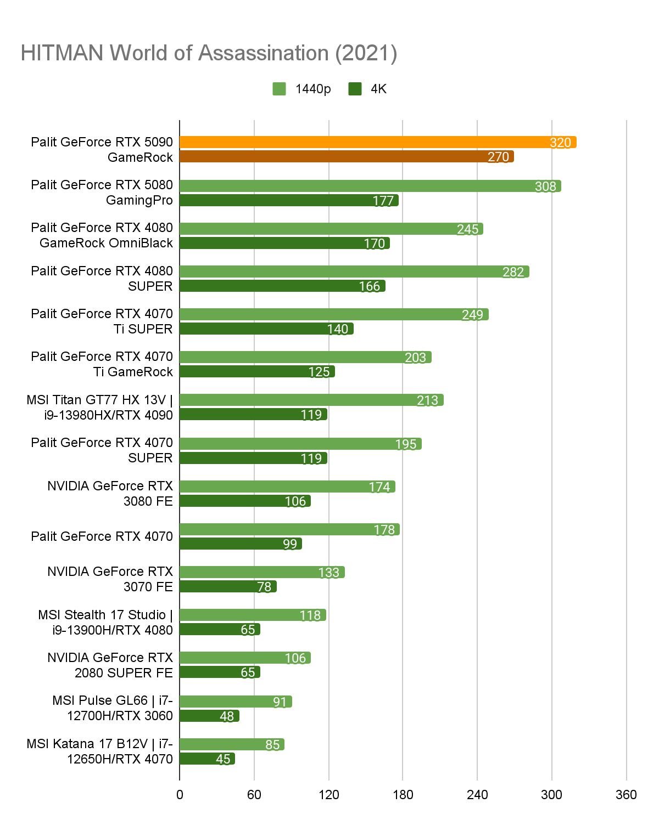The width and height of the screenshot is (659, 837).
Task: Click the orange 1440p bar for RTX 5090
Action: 378,142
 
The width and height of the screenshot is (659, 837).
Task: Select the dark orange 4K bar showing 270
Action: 346,157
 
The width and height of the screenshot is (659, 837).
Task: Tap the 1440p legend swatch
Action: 279,89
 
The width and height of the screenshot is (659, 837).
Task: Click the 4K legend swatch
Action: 355,89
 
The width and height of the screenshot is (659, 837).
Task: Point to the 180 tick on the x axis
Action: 403,794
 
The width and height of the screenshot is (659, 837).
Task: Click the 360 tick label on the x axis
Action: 626,794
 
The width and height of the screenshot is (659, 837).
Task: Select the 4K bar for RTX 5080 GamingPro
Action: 289,200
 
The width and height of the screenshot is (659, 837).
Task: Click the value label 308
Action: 545,186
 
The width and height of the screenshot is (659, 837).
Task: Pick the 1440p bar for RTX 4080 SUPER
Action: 354,272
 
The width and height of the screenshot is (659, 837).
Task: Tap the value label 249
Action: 472,315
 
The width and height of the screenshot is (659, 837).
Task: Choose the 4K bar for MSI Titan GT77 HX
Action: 253,414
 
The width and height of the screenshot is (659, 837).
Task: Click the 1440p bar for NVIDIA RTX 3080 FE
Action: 287,487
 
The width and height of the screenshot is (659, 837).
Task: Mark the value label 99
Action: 290,544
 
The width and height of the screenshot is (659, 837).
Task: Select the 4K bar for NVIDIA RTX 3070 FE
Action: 228,586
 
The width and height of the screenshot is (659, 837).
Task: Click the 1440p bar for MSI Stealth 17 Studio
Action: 253,615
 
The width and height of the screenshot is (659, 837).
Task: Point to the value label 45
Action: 223,759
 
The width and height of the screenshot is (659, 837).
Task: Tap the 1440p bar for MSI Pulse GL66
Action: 236,702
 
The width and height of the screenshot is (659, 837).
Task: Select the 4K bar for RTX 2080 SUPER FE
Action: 220,672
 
